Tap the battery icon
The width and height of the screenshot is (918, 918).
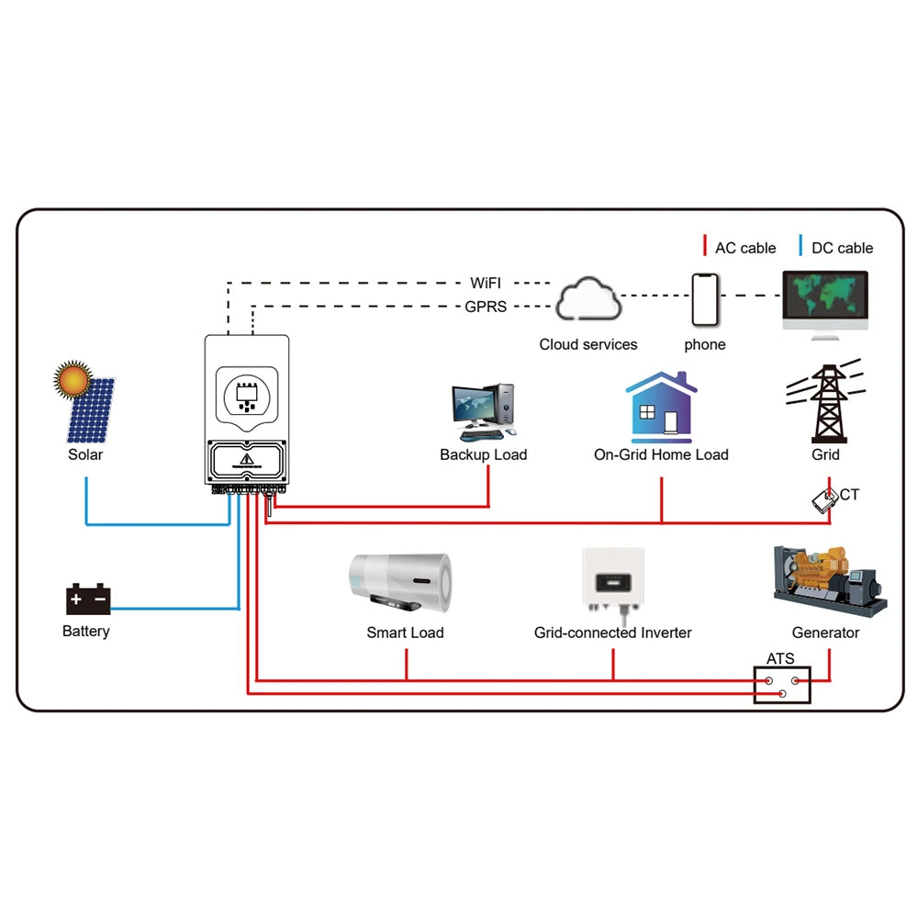[x=88, y=600]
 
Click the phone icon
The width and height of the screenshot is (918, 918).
[x=705, y=298]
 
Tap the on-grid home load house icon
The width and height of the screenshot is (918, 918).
[x=661, y=408]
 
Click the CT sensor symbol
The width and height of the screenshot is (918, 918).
[x=826, y=499]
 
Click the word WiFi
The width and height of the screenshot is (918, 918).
[x=486, y=283]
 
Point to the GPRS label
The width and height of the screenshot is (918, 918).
[x=486, y=308]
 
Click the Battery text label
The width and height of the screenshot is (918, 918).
[x=86, y=632]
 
